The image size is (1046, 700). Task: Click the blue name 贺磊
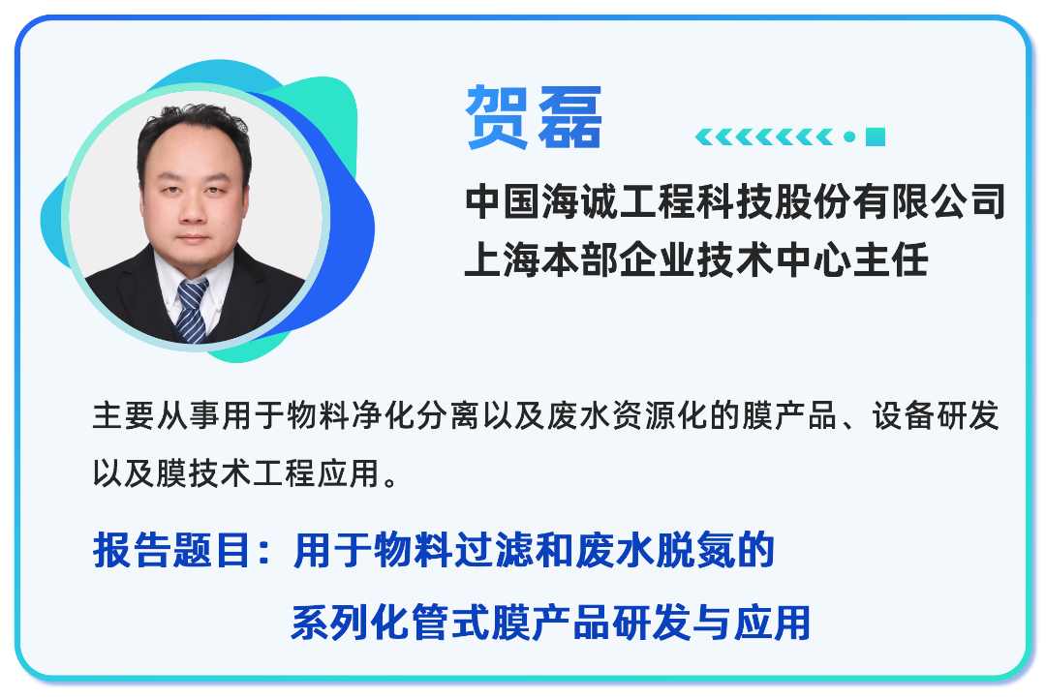click(x=534, y=118)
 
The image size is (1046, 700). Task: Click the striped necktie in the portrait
click(x=191, y=308)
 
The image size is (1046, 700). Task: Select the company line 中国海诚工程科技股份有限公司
click(x=735, y=203)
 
